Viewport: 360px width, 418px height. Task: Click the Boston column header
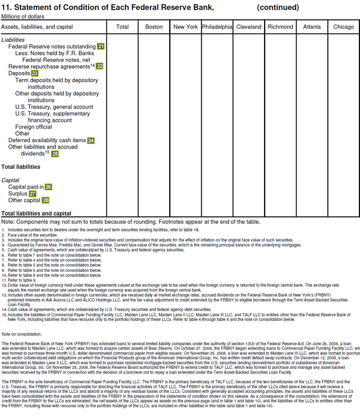pos(154,27)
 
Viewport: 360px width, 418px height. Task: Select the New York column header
pos(186,27)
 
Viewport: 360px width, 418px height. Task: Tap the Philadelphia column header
pos(217,27)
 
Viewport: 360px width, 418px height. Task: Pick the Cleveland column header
pos(249,27)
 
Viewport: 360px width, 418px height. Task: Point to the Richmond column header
pos(280,27)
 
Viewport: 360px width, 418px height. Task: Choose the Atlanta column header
pos(312,27)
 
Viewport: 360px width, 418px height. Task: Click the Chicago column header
pos(344,27)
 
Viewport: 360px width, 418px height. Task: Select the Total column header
pos(123,27)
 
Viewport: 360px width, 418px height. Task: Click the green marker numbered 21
pos(101,46)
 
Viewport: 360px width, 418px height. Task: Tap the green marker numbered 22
pos(99,66)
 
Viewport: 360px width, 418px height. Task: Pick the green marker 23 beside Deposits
pos(35,73)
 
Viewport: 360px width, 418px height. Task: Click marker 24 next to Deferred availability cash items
pos(91,140)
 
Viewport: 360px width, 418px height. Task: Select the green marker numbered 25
pos(55,153)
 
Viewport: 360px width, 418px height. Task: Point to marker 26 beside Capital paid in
pos(48,187)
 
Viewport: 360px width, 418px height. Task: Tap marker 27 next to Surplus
pos(33,194)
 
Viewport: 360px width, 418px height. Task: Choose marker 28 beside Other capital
pos(45,200)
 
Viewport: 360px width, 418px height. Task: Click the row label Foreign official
pos(33,127)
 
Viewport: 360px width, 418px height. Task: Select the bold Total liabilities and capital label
pos(36,214)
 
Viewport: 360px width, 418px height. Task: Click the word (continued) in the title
pos(278,8)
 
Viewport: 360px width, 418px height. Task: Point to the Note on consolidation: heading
pos(21,334)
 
